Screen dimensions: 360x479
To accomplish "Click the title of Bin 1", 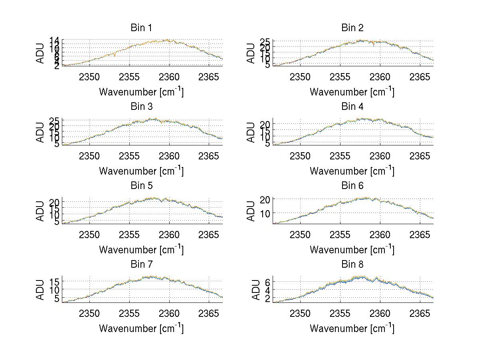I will point(141,28).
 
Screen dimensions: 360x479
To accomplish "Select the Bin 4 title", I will point(352,107).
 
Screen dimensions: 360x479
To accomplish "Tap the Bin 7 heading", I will point(141,264).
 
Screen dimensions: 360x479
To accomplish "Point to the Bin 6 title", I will point(352,185).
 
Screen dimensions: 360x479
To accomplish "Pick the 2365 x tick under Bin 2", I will point(420,77).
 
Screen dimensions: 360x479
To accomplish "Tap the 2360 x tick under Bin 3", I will point(169,155).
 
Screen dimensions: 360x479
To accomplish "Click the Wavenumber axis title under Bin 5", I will point(141,250).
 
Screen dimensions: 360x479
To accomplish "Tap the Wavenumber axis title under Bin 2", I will point(352,92).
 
